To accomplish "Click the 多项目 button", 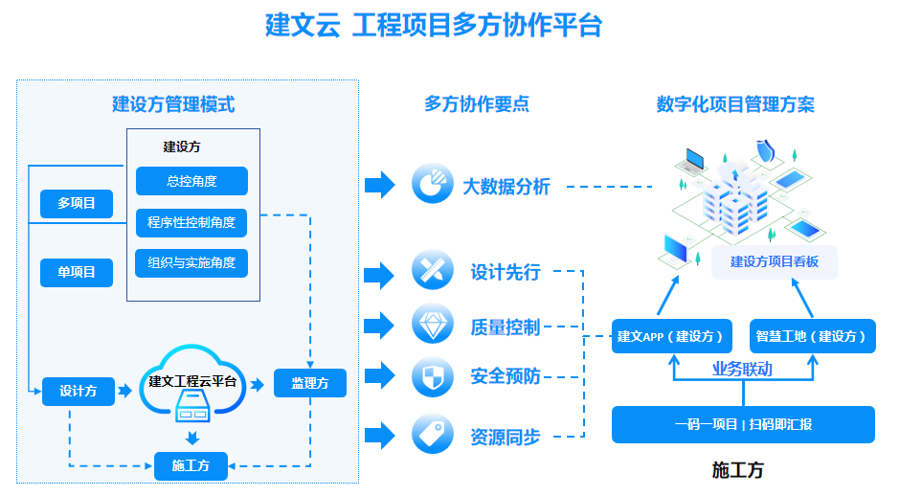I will coord(77,203).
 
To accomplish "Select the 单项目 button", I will coord(77,272).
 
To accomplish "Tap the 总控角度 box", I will coord(191,181).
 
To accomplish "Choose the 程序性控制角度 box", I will coord(191,223).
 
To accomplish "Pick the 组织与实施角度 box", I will coord(191,263).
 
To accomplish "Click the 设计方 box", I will coord(78,391).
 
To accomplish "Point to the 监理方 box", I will coord(309,384).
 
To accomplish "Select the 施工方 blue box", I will coord(191,466).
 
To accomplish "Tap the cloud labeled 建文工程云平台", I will coord(191,383).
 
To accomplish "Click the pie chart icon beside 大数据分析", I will coord(432,184).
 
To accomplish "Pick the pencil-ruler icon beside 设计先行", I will coord(432,271).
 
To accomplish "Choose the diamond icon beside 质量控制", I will coord(432,325).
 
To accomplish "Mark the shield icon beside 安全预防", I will coord(432,376).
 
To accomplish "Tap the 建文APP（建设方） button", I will coord(672,336).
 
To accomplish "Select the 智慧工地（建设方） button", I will coord(812,336).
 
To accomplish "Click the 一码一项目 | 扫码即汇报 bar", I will coord(743,424).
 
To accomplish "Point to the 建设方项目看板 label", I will coord(775,261).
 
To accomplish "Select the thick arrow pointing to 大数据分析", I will coord(380,184).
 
